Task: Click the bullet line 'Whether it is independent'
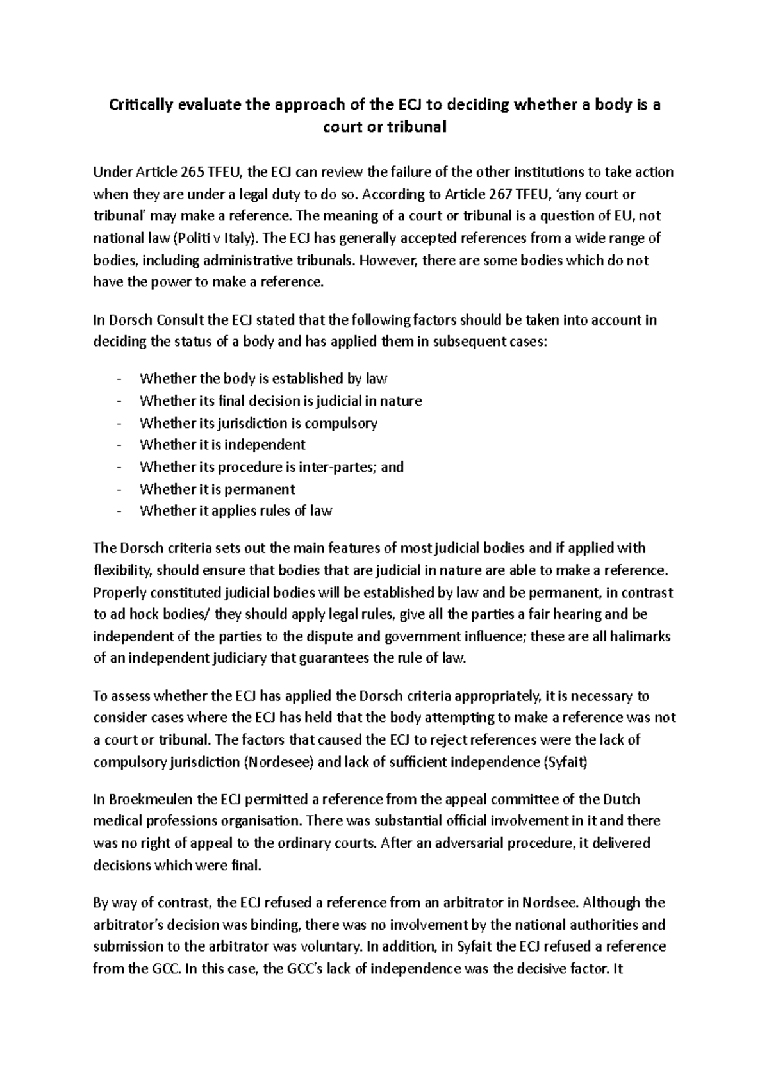point(222,445)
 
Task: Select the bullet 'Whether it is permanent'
point(217,489)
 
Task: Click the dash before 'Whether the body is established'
point(119,379)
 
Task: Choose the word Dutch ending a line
point(622,799)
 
